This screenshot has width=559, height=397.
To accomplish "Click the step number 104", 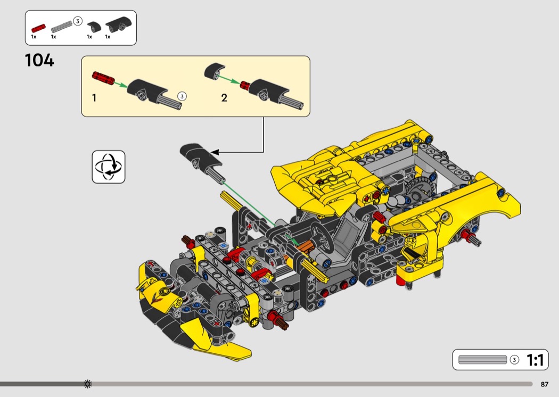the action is click(x=39, y=60).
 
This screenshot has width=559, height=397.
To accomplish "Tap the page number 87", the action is click(x=545, y=384).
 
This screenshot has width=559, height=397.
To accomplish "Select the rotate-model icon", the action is click(x=109, y=167).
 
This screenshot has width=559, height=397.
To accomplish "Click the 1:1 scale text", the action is click(x=536, y=360).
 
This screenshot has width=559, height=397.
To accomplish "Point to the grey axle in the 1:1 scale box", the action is click(x=482, y=360).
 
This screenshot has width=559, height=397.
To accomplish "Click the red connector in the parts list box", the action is click(x=38, y=28).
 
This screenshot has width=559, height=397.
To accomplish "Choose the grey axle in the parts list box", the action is click(x=62, y=27).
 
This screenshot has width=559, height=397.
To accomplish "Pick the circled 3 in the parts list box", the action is click(x=77, y=21).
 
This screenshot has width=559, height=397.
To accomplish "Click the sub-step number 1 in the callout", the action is click(x=94, y=97).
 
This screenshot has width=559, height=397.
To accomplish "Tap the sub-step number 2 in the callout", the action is click(x=224, y=97).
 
